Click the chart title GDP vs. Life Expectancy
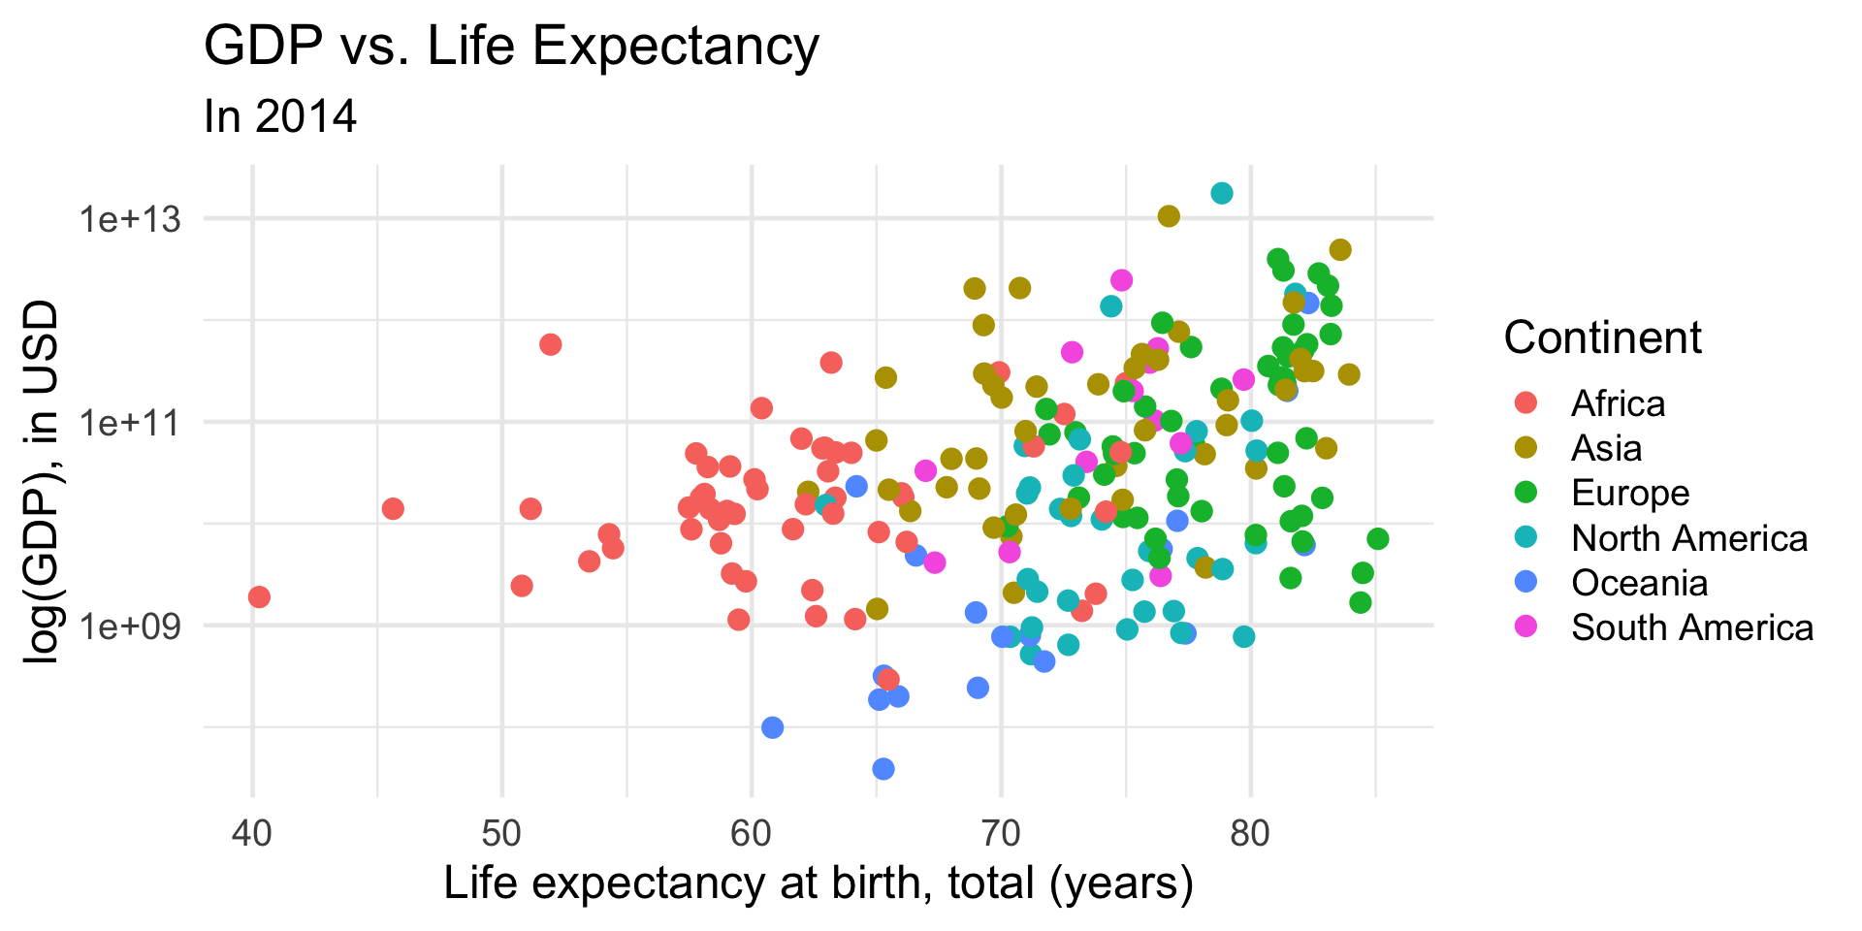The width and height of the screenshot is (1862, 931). pos(511,46)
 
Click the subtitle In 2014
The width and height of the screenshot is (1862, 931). pos(280,117)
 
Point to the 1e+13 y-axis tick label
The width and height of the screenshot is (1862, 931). pos(130,219)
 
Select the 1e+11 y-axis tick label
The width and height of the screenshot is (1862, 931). pos(130,423)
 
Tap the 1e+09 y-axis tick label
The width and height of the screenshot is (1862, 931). pos(130,626)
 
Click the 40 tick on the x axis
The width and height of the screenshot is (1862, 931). pos(252,833)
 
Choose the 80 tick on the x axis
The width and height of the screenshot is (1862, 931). pos(1250,833)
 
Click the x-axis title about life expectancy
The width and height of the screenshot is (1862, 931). pos(819,883)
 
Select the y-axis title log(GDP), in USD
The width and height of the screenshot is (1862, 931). pos(42,482)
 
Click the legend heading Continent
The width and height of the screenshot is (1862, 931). pos(1602,337)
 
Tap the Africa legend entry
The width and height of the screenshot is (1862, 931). pos(1618,403)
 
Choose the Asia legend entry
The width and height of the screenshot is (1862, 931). pos(1606,448)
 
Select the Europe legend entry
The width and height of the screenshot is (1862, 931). pos(1630,493)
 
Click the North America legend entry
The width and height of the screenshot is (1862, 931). pos(1688,538)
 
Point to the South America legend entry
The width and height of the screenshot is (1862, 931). pos(1691,627)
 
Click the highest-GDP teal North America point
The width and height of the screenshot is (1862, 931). pos(1222,193)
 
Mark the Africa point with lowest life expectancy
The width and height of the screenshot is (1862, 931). pos(259,596)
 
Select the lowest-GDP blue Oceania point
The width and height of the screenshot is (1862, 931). pos(883,769)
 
